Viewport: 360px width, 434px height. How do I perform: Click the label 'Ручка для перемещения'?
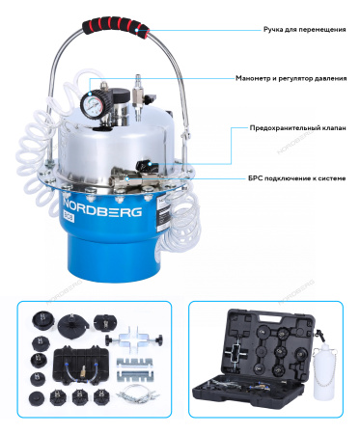[x=304, y=29]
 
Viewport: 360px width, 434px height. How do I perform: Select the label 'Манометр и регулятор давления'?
[x=291, y=78]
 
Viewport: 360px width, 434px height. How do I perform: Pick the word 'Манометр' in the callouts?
[x=254, y=78]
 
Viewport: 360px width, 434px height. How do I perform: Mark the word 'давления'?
[x=329, y=78]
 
